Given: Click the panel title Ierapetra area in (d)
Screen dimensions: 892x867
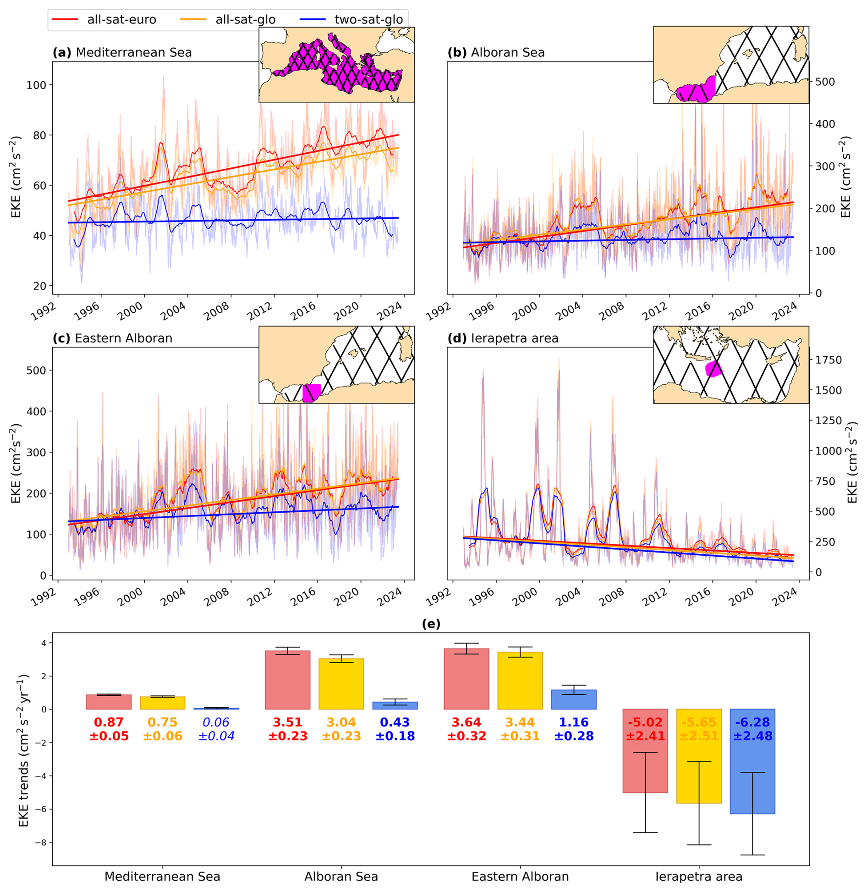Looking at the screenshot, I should [515, 338].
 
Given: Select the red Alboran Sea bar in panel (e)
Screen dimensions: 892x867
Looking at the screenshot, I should [287, 680].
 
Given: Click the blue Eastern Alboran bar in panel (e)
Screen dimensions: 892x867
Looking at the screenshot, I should [574, 699].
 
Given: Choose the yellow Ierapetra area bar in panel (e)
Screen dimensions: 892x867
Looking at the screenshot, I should [699, 757].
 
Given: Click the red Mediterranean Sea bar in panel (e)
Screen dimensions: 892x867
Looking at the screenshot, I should [109, 702].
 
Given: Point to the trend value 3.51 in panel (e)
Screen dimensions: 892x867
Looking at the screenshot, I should [287, 722].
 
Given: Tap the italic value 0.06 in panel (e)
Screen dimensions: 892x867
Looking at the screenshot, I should [216, 722].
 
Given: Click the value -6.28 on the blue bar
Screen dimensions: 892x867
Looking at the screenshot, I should [752, 722].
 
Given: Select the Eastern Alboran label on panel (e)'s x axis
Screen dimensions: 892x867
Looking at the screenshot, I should [520, 876].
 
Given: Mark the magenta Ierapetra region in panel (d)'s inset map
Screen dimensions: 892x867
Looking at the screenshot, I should [713, 368].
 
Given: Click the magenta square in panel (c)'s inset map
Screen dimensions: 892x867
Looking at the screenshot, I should [312, 393].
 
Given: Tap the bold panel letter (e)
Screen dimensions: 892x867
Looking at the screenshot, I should [431, 624].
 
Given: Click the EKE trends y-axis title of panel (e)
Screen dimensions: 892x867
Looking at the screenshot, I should [24, 750].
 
